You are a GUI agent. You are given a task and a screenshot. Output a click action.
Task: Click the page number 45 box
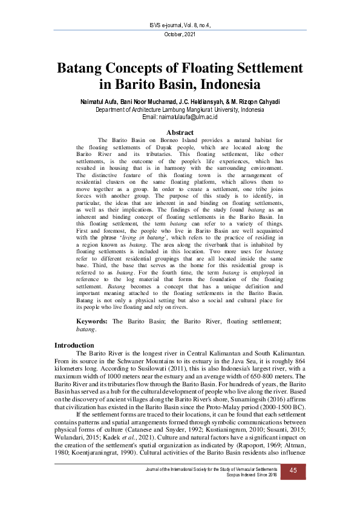293,470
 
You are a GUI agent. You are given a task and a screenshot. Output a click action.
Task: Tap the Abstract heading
180,132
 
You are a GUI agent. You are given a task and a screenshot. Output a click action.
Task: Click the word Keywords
93,322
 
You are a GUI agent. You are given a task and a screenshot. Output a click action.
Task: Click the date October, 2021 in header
180,34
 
